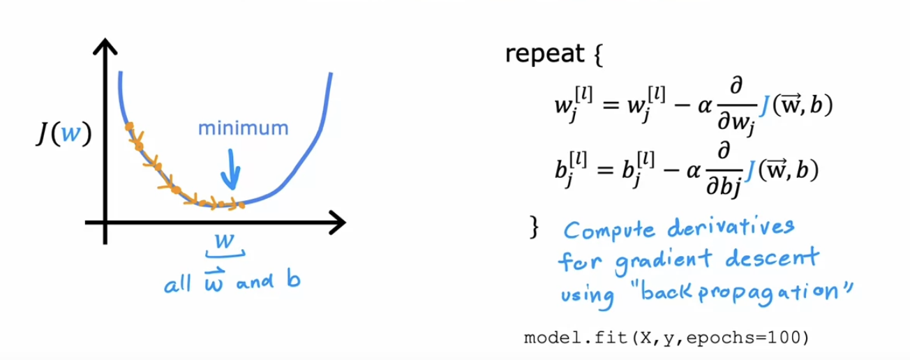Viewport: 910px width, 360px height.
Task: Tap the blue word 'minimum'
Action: [242, 128]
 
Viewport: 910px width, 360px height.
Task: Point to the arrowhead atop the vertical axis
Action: [105, 47]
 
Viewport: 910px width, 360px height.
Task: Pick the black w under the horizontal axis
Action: [225, 240]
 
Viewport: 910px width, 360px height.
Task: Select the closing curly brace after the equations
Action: [535, 227]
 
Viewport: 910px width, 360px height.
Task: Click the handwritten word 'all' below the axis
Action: [175, 285]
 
